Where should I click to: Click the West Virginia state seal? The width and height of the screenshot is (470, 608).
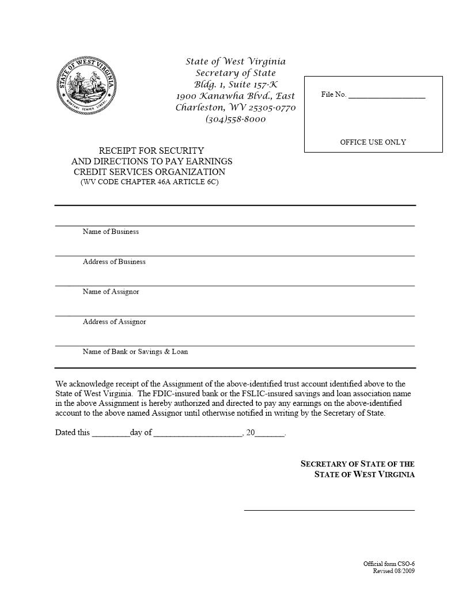pos(87,85)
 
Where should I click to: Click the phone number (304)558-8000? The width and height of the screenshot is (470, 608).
pos(236,119)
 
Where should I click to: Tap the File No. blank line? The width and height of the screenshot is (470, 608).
pos(386,96)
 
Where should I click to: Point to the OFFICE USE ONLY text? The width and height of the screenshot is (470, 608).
pos(373,142)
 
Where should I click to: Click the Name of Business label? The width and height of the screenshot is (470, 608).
pos(111,231)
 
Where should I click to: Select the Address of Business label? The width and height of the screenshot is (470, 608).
pos(114,261)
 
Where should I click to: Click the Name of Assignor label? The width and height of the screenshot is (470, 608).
pos(111,291)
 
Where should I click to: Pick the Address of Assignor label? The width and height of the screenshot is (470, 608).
pos(114,322)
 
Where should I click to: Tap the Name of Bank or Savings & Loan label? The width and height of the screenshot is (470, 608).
pos(135,352)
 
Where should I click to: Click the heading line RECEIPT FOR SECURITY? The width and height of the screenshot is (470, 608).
pos(151,151)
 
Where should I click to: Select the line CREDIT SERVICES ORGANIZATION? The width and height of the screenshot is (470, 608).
pos(149,172)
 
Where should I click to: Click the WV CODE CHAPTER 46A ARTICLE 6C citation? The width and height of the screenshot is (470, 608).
pos(149,182)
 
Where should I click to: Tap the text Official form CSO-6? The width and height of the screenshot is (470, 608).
pos(389,564)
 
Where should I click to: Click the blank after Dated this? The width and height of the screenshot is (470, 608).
pos(111,434)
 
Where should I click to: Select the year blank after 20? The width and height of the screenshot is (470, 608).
pos(270,434)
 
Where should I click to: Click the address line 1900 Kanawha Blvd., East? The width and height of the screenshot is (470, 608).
pos(235,96)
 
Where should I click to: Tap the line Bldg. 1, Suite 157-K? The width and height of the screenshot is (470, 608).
pos(236,85)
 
